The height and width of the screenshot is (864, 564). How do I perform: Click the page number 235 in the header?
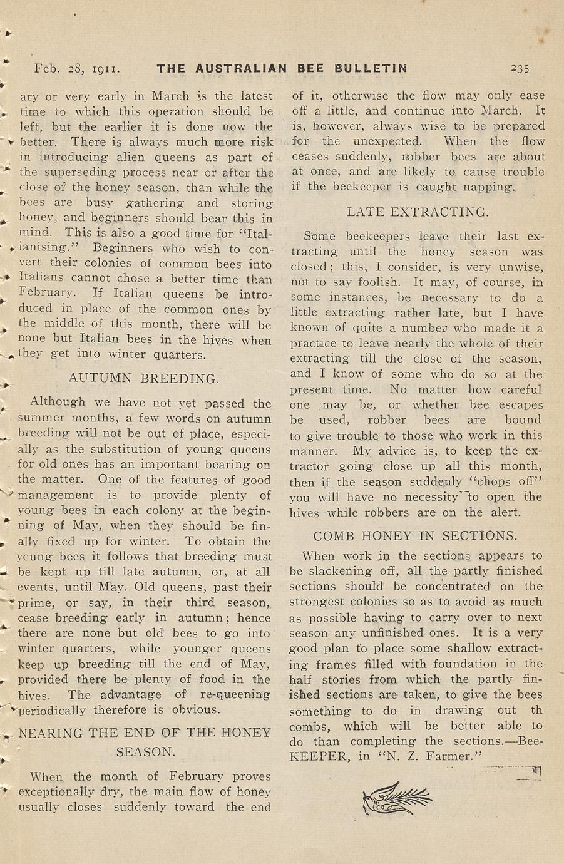pyautogui.click(x=519, y=68)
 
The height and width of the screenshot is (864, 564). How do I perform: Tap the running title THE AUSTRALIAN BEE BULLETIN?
pyautogui.click(x=282, y=68)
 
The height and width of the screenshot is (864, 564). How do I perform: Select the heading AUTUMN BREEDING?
pyautogui.click(x=144, y=379)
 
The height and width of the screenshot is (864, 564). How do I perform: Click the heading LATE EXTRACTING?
pyautogui.click(x=418, y=212)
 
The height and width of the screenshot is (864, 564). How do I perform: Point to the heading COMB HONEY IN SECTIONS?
pyautogui.click(x=416, y=536)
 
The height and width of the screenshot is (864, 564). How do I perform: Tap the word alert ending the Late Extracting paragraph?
pyautogui.click(x=506, y=512)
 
